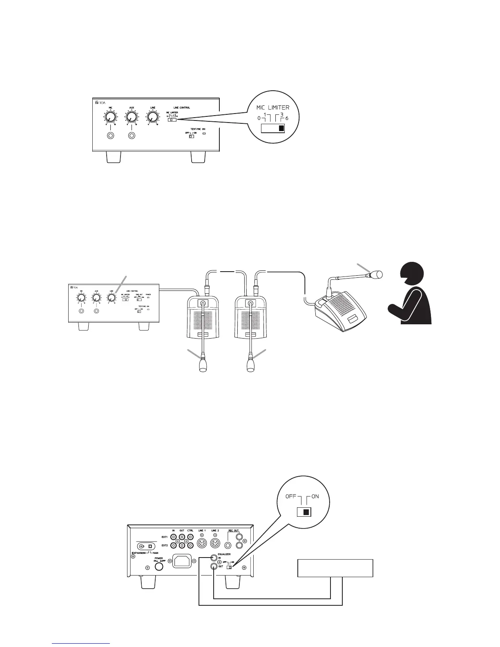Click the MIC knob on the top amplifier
pos(109,117)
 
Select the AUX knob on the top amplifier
pos(131,117)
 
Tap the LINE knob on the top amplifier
pos(152,117)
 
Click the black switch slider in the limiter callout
pos(281,129)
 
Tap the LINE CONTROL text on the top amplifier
pos(182,108)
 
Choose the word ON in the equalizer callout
pos(315,497)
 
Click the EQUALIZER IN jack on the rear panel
pos(213,558)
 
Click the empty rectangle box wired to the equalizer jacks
pos(335,568)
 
